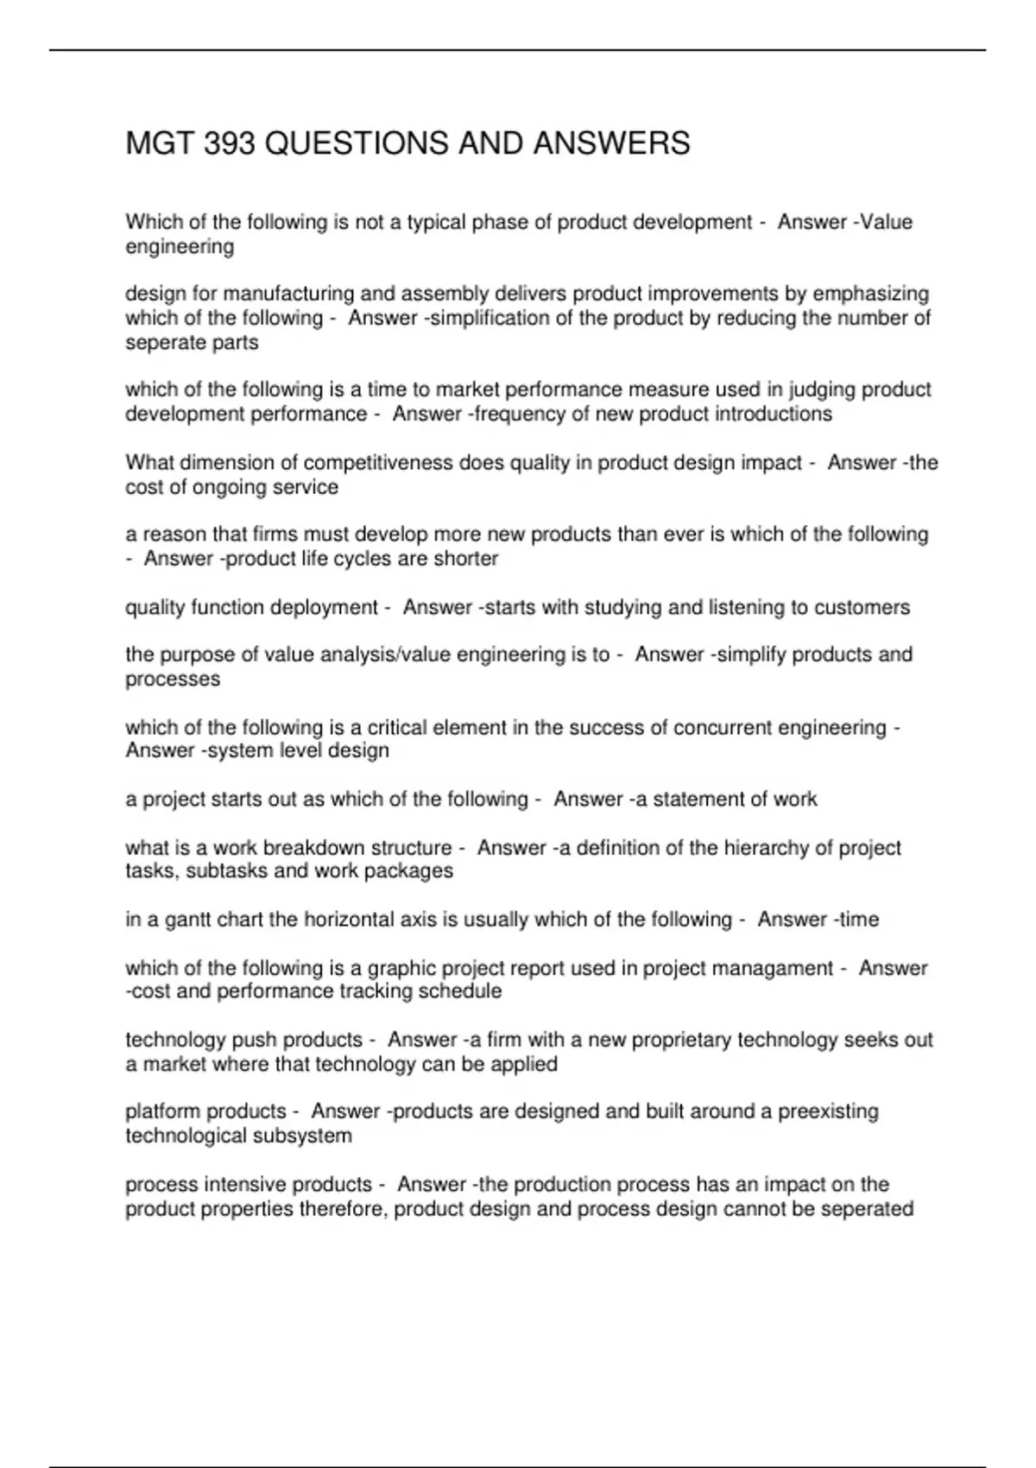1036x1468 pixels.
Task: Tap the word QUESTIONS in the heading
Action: (x=357, y=143)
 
